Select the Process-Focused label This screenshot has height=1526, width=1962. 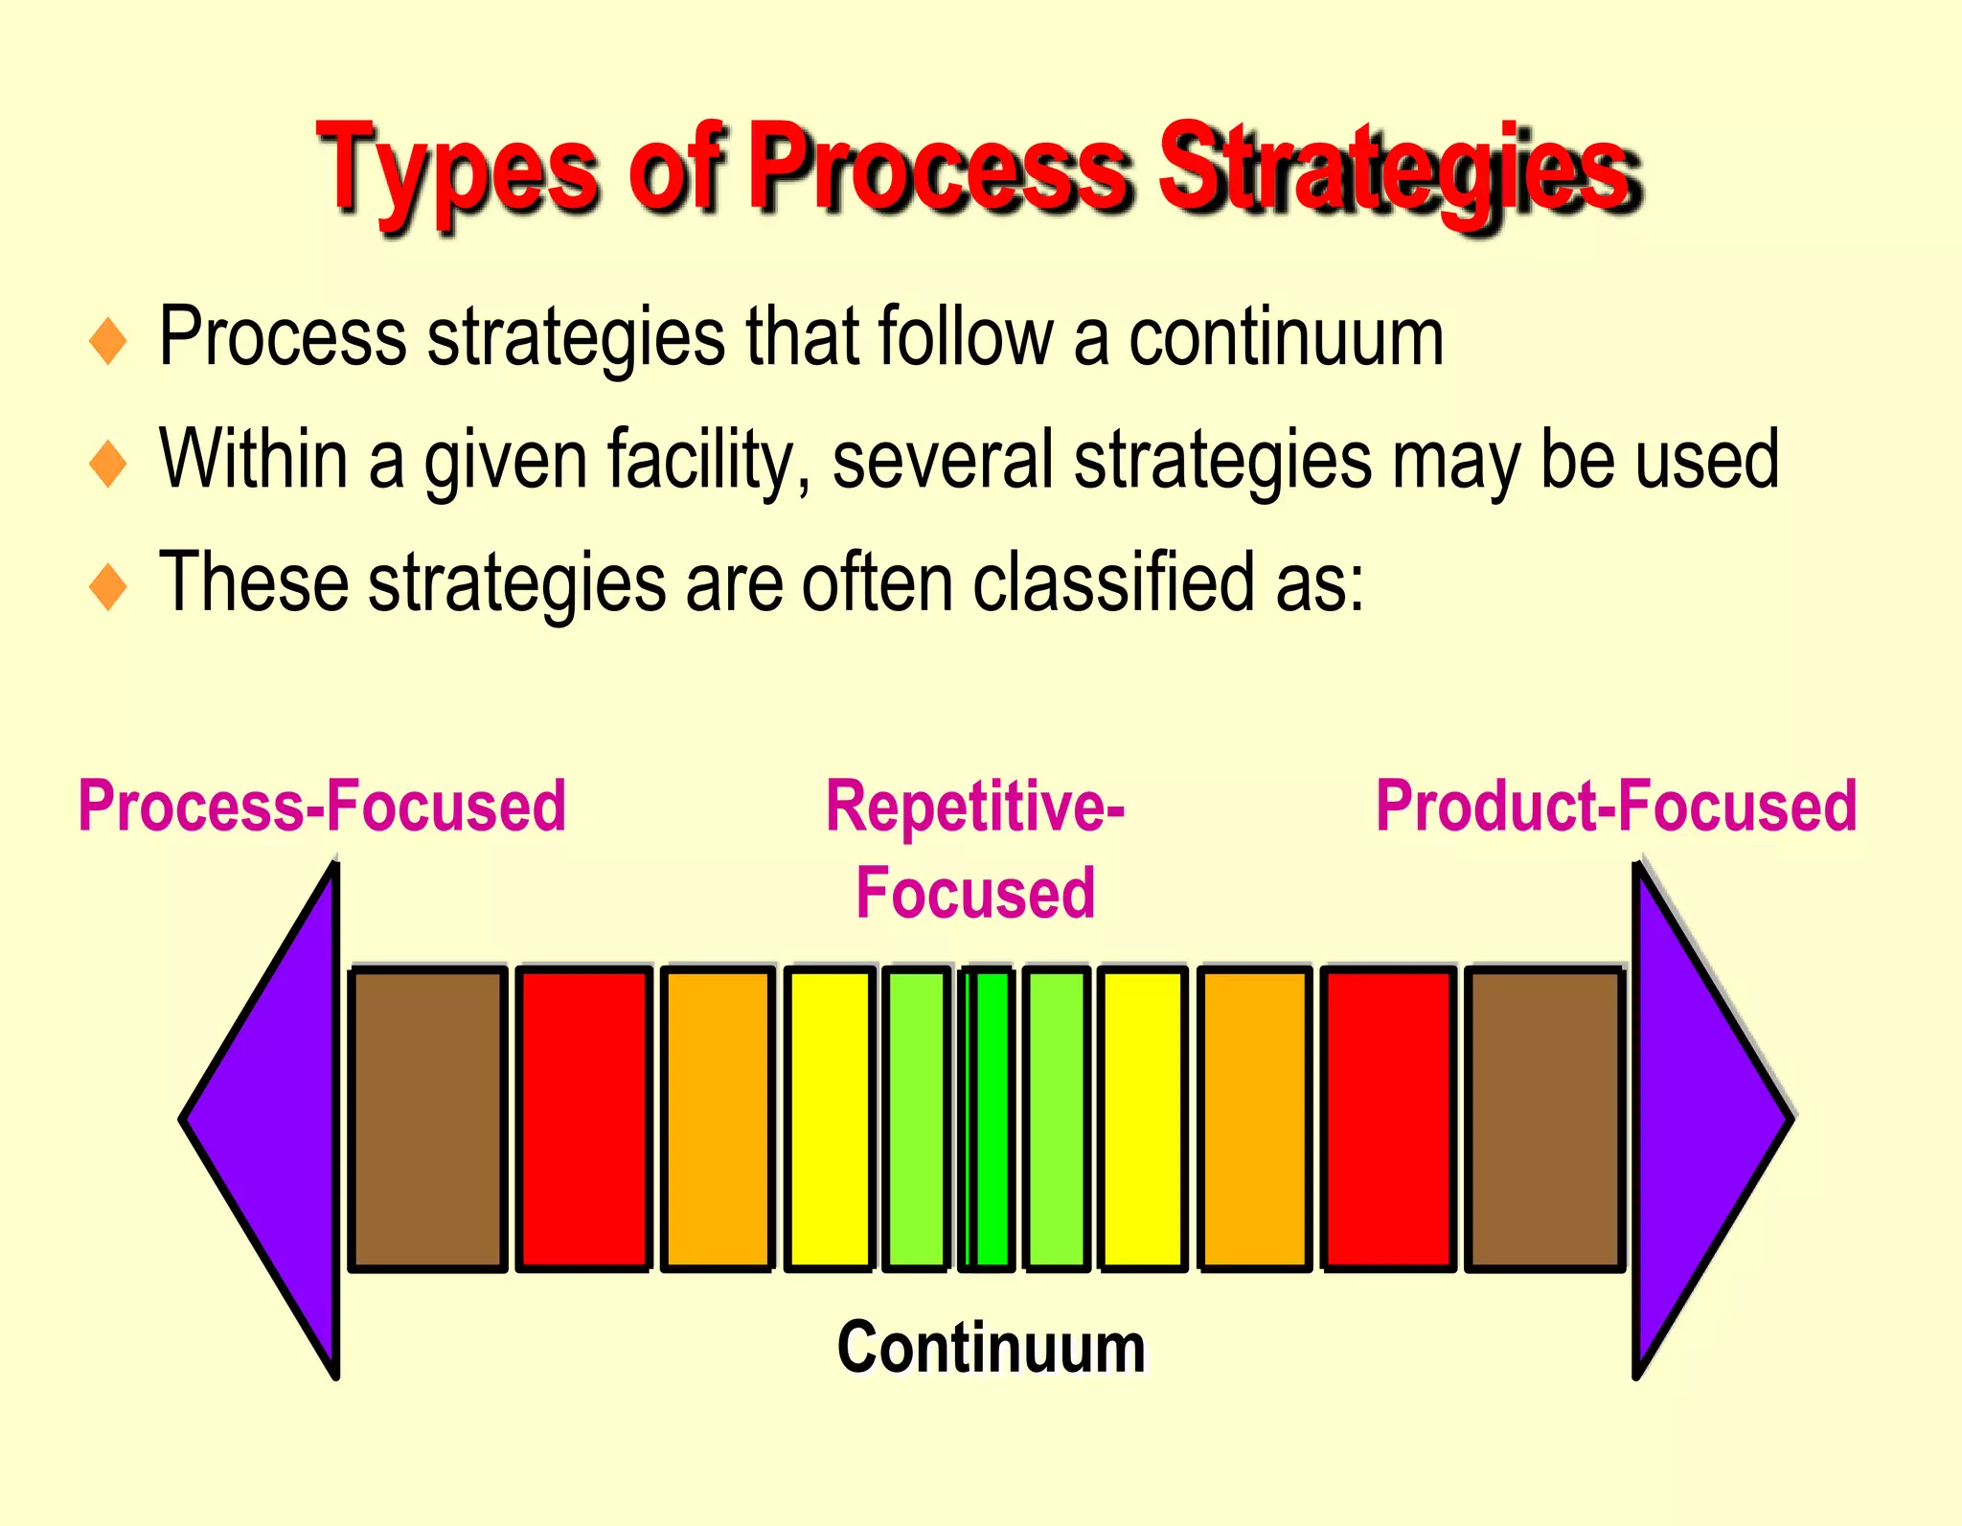pos(322,807)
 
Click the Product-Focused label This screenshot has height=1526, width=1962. pos(1616,807)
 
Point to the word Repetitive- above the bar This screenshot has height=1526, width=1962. pos(974,807)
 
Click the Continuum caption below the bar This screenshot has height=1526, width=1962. pos(991,1347)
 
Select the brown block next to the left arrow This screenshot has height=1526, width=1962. pos(427,1119)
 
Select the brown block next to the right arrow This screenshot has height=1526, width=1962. pos(1544,1119)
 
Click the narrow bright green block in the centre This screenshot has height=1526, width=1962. pos(991,1119)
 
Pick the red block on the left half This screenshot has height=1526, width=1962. pos(583,1119)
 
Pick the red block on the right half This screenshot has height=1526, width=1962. pos(1388,1119)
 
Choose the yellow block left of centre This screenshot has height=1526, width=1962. pos(829,1119)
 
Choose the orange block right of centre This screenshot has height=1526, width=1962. pos(1254,1119)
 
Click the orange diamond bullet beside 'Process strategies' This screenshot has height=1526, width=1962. pos(107,341)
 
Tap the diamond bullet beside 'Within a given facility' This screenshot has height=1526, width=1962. pos(107,464)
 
